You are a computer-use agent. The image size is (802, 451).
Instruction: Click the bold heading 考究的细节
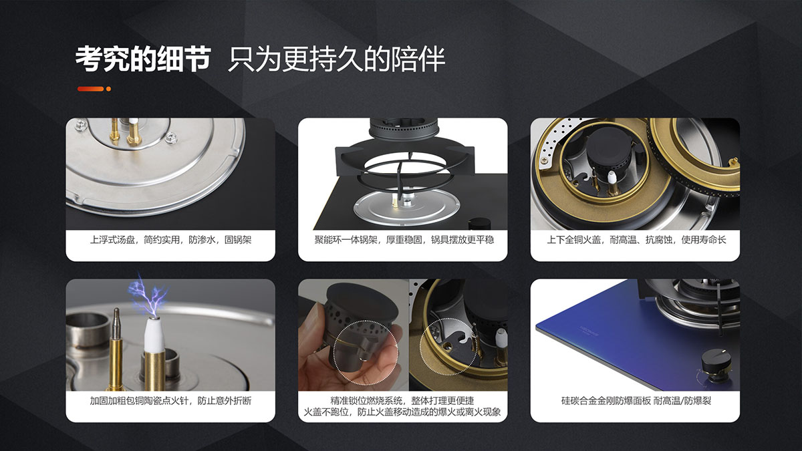coord(142,58)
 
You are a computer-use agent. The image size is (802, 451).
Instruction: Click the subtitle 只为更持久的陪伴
coord(336,59)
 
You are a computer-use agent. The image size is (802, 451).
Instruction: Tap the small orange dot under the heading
coord(108,89)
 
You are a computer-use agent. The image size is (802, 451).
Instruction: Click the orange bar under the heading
coord(91,89)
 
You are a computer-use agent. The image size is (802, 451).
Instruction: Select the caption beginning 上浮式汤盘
coord(170,240)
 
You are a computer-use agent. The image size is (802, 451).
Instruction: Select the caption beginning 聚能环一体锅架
coord(404,240)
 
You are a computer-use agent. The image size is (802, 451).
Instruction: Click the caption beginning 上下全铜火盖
coord(636,240)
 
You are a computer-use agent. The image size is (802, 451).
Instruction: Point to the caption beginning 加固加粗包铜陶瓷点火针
coord(170,400)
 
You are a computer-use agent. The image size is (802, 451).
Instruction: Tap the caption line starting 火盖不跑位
coord(402,412)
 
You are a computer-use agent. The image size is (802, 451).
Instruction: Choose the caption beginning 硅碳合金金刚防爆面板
coord(636,400)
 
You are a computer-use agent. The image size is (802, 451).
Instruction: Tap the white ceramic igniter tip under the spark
coord(154,335)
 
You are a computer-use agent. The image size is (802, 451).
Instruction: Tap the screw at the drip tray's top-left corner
coord(82,124)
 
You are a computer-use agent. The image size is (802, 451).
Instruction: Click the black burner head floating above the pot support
coord(404,128)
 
